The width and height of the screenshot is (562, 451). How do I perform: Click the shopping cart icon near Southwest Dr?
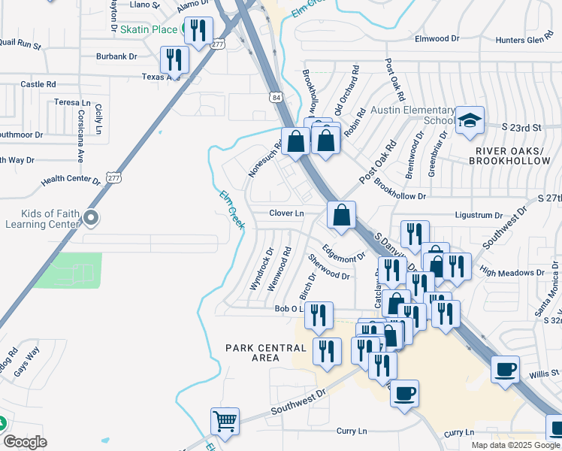pos(225,422)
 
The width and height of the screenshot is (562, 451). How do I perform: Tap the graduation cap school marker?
pos(470,120)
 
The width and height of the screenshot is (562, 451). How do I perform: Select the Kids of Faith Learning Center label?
pos(41,218)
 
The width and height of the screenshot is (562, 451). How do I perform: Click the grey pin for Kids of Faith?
pos(92,218)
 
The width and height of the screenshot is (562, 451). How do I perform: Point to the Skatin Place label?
pos(148,29)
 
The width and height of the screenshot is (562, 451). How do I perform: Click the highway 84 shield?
pos(277,98)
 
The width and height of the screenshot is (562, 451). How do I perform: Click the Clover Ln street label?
pos(286,213)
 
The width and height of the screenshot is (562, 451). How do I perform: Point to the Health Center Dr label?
pos(71,180)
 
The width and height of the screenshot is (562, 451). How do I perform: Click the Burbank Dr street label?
pos(116,56)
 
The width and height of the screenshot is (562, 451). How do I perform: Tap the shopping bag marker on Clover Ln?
pos(341,215)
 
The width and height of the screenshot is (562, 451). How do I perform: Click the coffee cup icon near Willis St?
pos(505,370)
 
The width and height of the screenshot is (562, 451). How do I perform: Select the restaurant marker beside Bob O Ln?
pos(320,316)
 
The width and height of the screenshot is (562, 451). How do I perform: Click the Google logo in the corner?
pos(25,442)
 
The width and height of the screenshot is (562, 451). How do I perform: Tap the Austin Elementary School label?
pos(413,115)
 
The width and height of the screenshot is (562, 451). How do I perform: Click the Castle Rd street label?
pos(38,84)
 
